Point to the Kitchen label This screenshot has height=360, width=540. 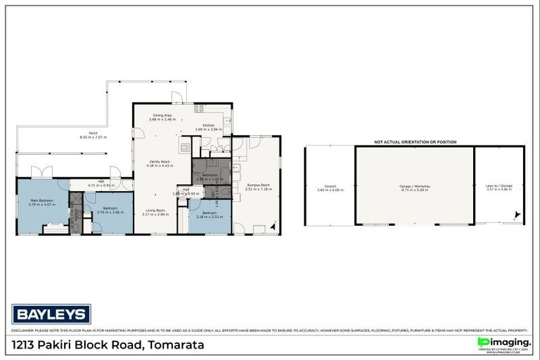coord(208,125)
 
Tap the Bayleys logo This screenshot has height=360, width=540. coord(51,314)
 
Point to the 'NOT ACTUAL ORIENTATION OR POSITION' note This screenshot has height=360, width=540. coord(415,141)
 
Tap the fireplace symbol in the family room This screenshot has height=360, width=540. coord(184,148)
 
